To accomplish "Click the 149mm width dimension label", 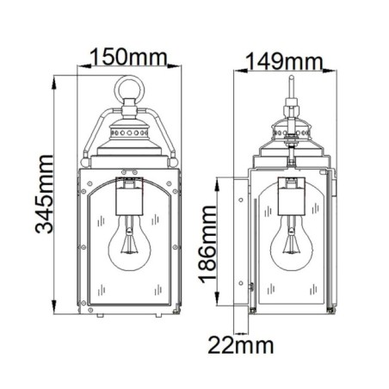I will pos(283,61).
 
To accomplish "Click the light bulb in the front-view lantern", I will pos(129,249).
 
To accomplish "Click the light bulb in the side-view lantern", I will pos(290,247).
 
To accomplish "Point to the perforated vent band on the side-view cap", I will pos(290,135).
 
